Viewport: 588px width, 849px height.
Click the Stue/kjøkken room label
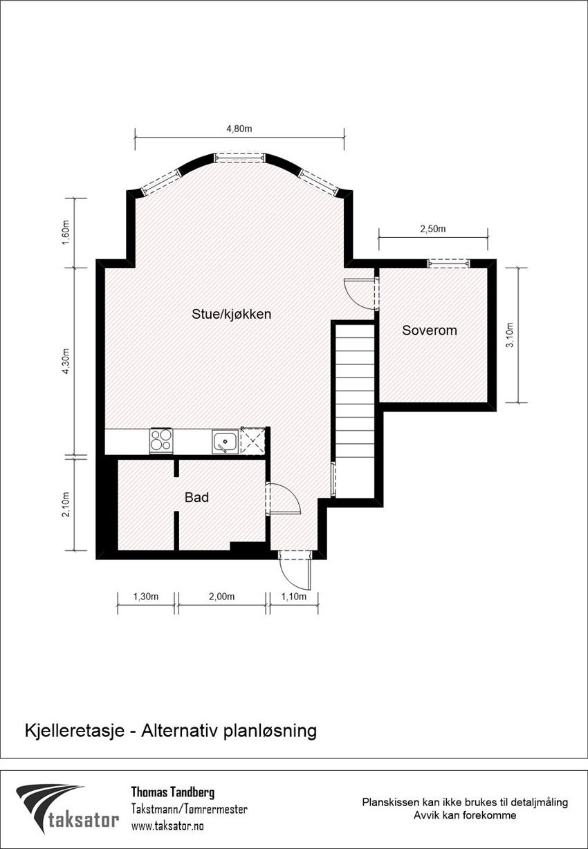click(231, 314)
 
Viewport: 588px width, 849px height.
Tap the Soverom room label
click(430, 330)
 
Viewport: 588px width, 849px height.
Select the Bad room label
click(196, 497)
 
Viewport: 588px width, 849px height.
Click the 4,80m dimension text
click(239, 129)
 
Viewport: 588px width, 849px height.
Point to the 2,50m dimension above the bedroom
click(433, 229)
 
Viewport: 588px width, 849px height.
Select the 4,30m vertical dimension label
click(66, 360)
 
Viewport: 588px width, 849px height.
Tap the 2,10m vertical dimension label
click(66, 503)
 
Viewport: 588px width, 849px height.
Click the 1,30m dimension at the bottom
click(146, 597)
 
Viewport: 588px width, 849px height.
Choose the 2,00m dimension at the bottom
click(221, 597)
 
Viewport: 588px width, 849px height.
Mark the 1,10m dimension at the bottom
click(293, 597)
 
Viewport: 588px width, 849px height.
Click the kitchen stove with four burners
click(161, 440)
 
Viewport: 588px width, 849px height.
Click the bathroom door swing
click(283, 498)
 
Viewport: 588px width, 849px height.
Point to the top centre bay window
click(239, 158)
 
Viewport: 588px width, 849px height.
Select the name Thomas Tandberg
click(172, 792)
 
